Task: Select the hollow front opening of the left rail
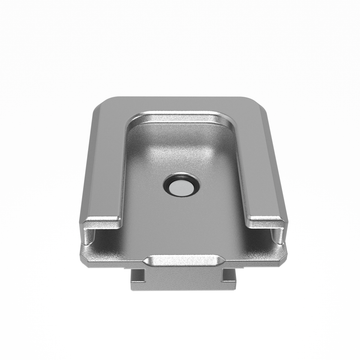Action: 98,238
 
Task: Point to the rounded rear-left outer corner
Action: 103,104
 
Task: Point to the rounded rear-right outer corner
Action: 257,104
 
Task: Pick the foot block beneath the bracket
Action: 181,279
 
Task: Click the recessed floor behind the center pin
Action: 181,145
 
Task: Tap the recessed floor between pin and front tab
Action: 181,225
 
